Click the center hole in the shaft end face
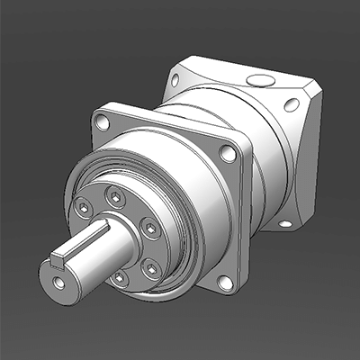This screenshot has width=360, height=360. click(59, 283)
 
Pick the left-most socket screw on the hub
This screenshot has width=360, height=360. click(83, 209)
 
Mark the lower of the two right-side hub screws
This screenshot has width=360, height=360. click(151, 267)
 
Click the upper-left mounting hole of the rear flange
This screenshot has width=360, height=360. click(175, 79)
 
